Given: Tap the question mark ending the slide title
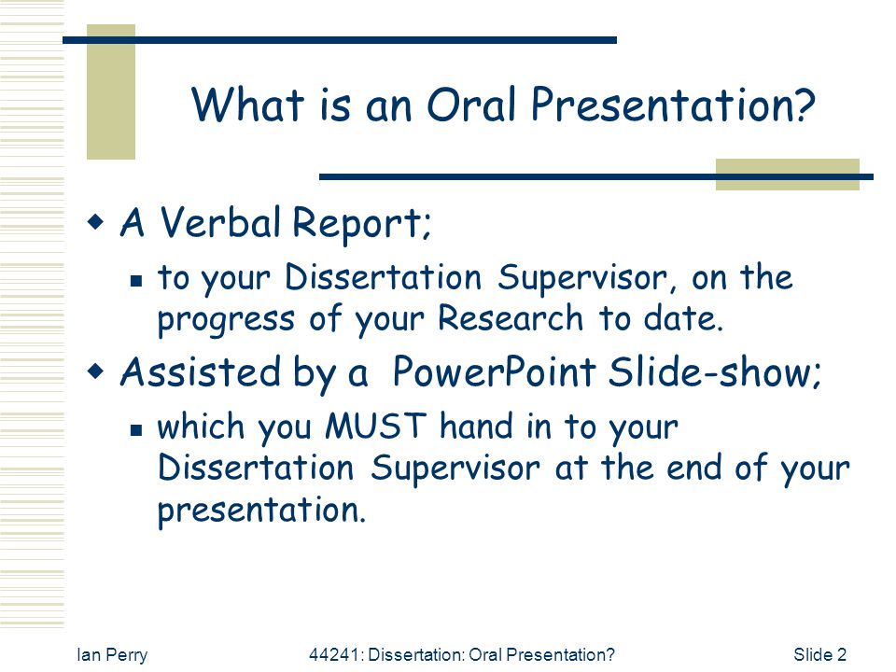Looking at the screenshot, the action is (x=801, y=104).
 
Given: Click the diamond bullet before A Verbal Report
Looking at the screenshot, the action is (x=95, y=221).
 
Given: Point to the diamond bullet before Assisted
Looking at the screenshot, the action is (x=95, y=371).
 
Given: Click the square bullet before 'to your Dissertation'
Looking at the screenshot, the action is (x=136, y=281).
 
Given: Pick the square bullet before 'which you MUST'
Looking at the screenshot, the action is (x=136, y=429).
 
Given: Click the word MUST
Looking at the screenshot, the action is (x=375, y=426).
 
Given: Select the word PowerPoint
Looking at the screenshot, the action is (x=495, y=371).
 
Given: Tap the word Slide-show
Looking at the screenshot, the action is (x=714, y=371).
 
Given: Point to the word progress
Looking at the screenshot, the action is (x=226, y=320).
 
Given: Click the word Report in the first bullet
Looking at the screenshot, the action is (x=361, y=223).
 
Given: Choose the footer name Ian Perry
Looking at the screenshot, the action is (x=112, y=655).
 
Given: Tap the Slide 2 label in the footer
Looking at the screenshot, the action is (x=820, y=654).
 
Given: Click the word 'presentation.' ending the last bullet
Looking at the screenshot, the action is (x=261, y=511).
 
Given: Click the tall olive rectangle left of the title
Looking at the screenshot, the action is (x=111, y=91).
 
